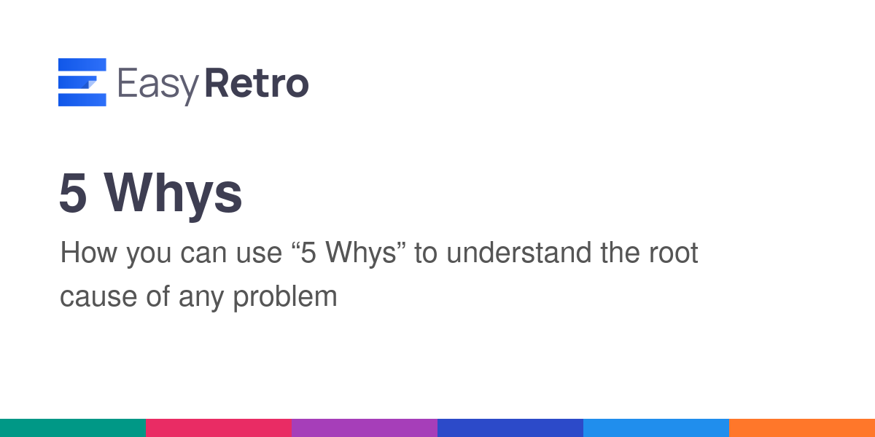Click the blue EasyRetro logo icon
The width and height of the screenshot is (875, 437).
(82, 82)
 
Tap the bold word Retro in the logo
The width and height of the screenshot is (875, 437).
(257, 82)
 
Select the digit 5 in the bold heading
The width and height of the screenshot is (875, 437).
(73, 193)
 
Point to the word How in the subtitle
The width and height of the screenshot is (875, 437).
(89, 253)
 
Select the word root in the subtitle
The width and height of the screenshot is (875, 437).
(674, 253)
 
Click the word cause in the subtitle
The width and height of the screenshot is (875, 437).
(98, 297)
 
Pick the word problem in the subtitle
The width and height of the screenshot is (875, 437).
(285, 297)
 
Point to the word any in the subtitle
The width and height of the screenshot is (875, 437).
(201, 299)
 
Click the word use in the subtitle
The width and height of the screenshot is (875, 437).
(259, 254)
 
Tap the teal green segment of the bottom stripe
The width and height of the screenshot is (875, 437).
(73, 428)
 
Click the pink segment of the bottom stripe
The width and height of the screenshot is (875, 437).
(219, 428)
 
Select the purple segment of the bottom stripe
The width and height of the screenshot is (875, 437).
(365, 428)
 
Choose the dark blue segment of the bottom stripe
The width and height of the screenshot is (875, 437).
(510, 428)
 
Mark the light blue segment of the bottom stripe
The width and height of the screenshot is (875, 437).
(656, 428)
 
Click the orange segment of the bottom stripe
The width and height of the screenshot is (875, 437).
(802, 428)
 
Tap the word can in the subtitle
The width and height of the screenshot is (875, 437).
(203, 254)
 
